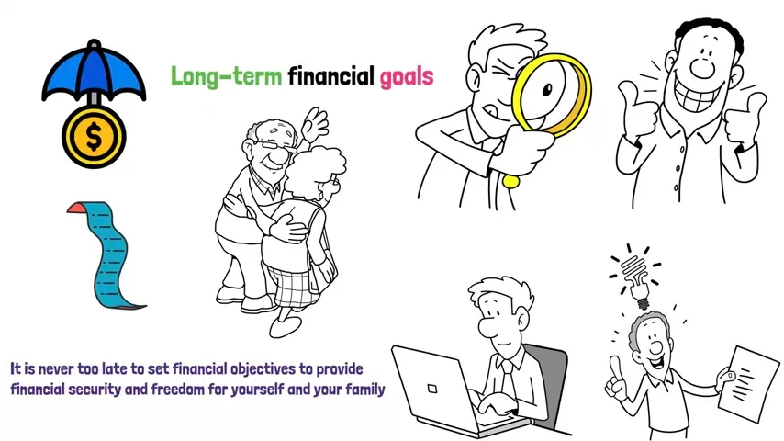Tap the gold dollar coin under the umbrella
94,137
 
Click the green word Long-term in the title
227,77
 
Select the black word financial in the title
331,75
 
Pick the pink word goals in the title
407,78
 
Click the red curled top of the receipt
76,208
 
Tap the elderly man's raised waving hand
314,124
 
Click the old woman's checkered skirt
294,288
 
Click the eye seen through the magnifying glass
547,90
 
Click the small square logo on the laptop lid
432,389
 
